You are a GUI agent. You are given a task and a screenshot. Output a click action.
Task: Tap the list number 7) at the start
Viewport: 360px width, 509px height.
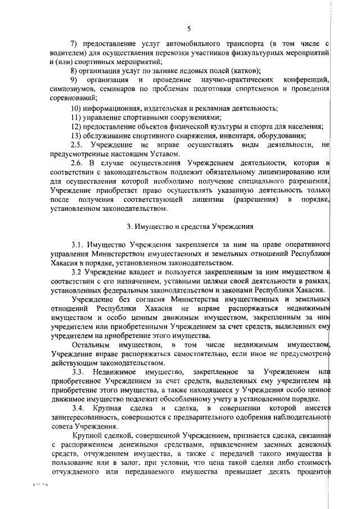(x=74, y=43)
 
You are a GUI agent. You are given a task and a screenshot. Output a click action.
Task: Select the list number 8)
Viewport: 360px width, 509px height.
(x=74, y=70)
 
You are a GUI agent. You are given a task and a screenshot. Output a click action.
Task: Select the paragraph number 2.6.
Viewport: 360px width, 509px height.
(x=76, y=163)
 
